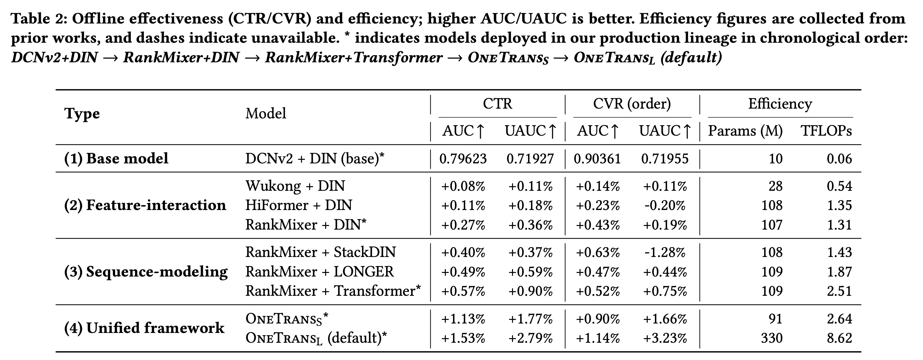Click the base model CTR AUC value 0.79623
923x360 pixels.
[463, 159]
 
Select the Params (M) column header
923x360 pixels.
[745, 131]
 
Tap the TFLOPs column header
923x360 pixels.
[826, 131]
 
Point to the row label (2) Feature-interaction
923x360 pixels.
[145, 205]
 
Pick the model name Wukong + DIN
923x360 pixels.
[295, 186]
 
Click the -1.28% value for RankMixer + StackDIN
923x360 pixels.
[665, 252]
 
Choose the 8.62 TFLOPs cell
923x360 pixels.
[839, 338]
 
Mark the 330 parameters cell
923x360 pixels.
[772, 338]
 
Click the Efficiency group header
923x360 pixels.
[780, 104]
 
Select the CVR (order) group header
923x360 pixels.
[632, 104]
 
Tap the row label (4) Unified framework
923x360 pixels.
[144, 328]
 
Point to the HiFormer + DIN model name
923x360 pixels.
[298, 205]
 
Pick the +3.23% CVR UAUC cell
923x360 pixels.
[665, 338]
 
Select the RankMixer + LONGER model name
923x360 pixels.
[319, 272]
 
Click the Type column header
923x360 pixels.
[82, 114]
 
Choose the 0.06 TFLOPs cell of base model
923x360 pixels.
[839, 159]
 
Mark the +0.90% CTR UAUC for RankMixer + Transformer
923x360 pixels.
[530, 291]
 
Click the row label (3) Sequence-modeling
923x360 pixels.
[146, 272]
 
